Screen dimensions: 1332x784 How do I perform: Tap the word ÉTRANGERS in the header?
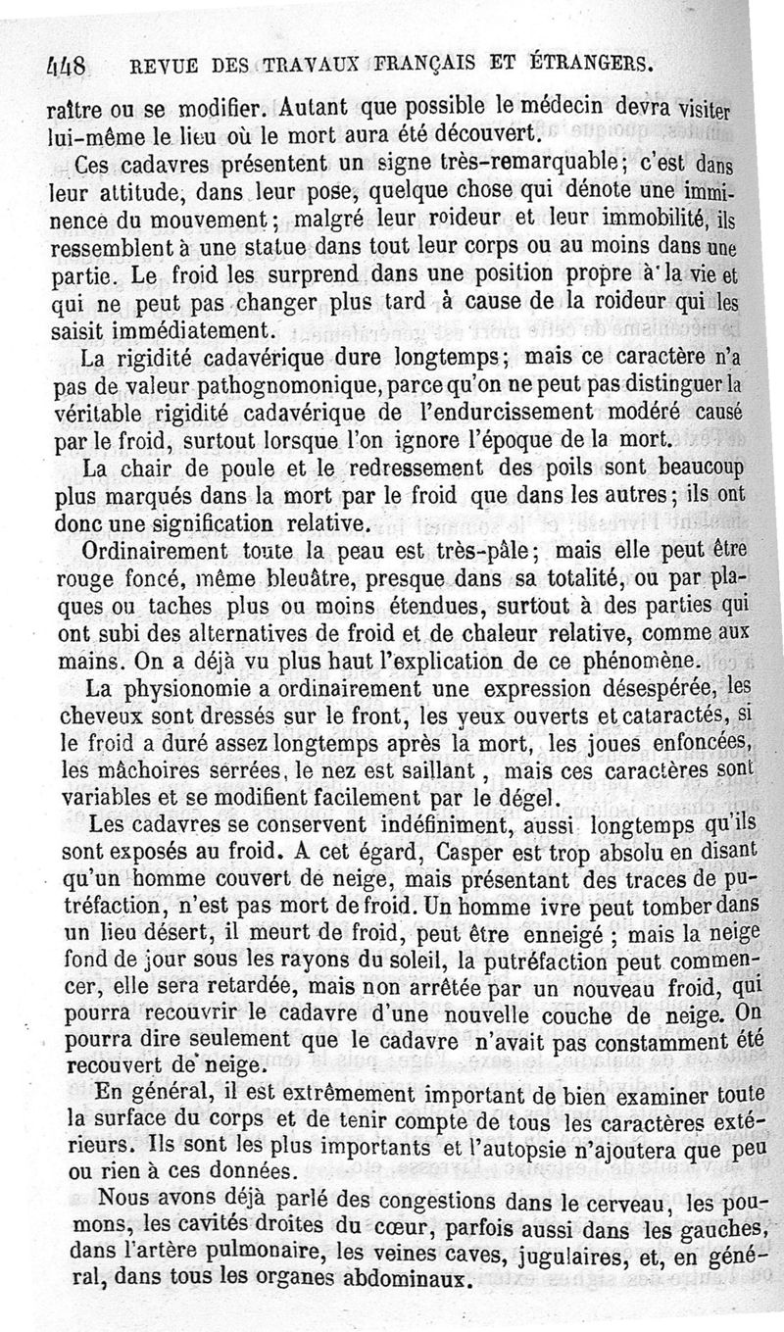pos(585,65)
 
